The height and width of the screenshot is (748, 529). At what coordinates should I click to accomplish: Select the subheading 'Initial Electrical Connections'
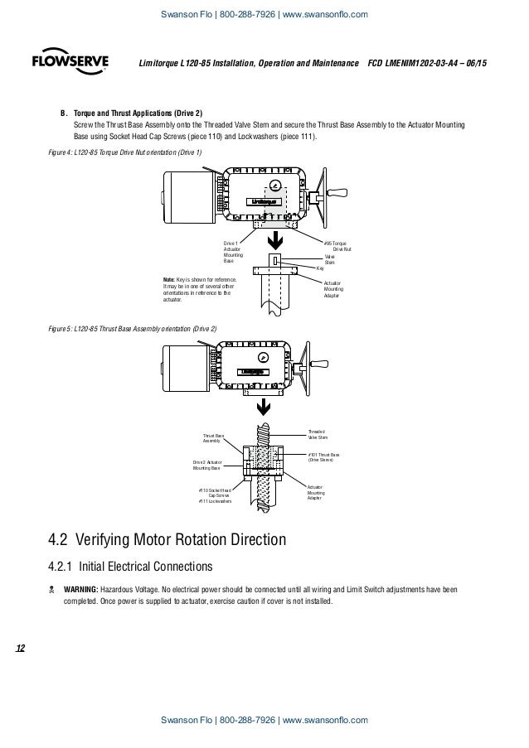(x=139, y=567)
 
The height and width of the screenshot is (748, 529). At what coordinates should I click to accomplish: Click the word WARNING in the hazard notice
(x=80, y=590)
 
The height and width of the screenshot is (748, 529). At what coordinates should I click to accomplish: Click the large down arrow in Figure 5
(x=263, y=406)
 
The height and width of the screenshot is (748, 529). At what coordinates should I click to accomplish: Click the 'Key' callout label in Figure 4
(x=320, y=268)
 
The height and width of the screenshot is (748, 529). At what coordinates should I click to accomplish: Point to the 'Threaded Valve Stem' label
(x=318, y=434)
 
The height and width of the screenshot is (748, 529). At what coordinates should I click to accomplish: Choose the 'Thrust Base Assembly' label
(x=214, y=438)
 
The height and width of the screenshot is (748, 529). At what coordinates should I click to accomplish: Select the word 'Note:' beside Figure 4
(x=171, y=279)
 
